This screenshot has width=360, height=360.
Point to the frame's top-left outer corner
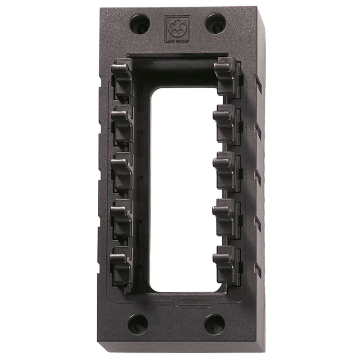(101, 8)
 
